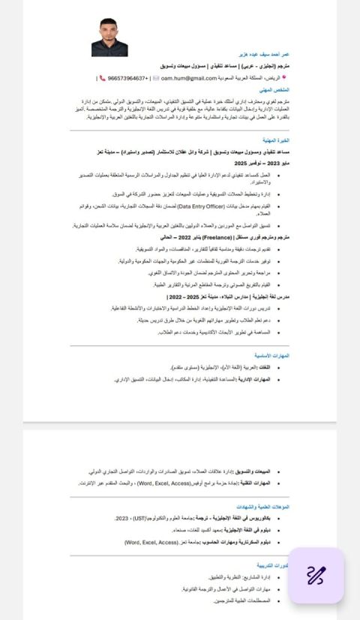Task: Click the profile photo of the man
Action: coord(109,38)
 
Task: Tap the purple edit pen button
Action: coord(316,575)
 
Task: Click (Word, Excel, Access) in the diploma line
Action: coord(151,542)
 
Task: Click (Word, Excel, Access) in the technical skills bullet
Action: coord(165,483)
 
